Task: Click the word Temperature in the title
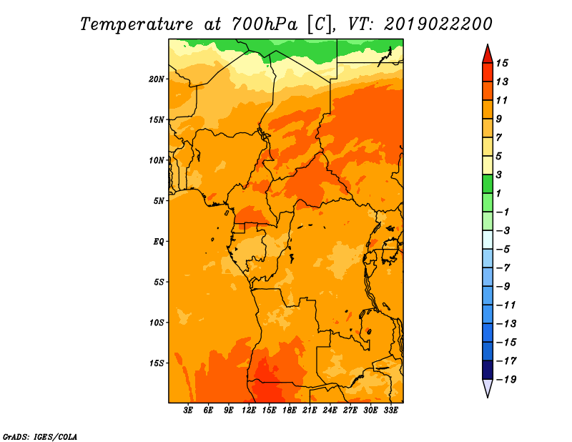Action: point(137,25)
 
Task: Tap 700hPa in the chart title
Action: point(265,24)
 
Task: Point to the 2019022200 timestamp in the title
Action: point(438,24)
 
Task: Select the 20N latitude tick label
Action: point(157,79)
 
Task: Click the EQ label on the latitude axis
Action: point(159,242)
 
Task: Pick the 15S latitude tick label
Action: point(157,363)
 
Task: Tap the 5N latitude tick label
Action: point(159,201)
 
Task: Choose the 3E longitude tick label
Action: point(188,411)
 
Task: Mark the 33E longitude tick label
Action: point(390,411)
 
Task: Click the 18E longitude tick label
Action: point(290,411)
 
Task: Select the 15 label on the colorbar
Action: point(502,63)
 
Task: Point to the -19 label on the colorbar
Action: point(506,379)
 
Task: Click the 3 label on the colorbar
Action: point(499,175)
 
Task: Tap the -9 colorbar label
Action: point(503,287)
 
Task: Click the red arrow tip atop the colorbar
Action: point(488,45)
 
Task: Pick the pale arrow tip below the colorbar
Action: point(488,396)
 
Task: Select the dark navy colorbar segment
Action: point(488,370)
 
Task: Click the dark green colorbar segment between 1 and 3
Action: point(488,184)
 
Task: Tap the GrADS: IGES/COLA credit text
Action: point(40,436)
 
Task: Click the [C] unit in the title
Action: point(320,25)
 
